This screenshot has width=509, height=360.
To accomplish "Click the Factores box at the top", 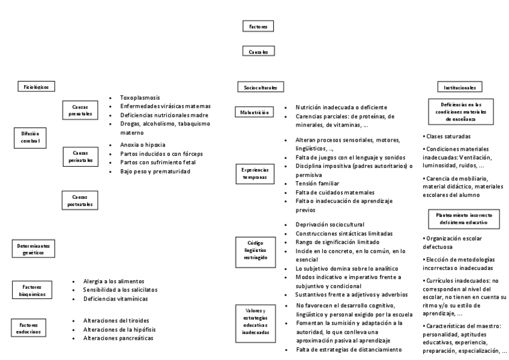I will (x=259, y=26).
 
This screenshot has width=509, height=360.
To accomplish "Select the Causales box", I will (x=259, y=52).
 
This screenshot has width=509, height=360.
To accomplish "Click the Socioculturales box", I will (x=260, y=88).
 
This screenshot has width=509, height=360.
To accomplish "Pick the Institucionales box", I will (x=460, y=88).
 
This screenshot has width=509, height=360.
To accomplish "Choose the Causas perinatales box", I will (x=80, y=157).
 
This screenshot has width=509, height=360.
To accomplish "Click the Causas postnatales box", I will (x=80, y=200).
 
